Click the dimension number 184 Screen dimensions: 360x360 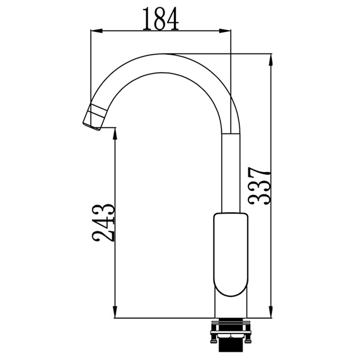pyautogui.click(x=161, y=19)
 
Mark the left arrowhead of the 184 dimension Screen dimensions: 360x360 pyautogui.click(x=94, y=31)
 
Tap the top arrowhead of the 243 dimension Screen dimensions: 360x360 pyautogui.click(x=115, y=130)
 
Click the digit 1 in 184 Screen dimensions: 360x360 pyautogui.click(x=147, y=19)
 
